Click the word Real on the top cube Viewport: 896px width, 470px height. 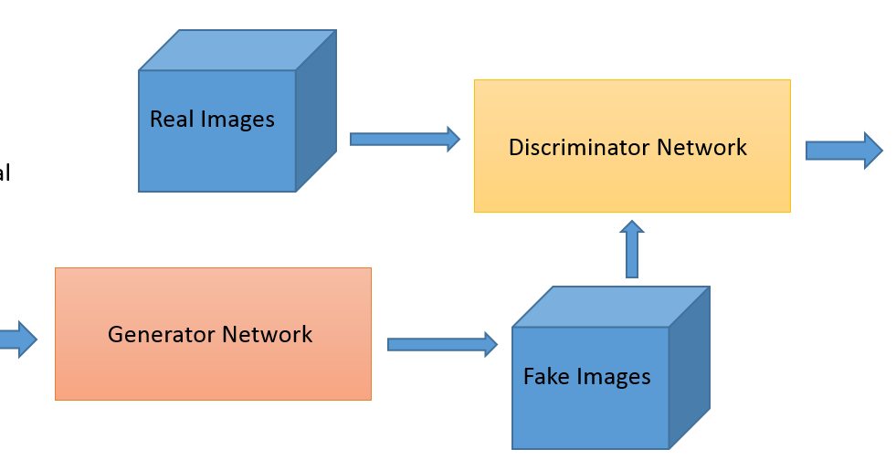point(170,119)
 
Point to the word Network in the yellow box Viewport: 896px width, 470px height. point(705,147)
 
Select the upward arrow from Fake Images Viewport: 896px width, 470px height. point(632,250)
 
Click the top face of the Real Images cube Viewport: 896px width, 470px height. point(237,50)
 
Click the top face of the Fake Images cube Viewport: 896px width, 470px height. point(610,308)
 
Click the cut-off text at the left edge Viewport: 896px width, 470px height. point(5,173)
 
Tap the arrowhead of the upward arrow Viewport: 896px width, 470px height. point(632,227)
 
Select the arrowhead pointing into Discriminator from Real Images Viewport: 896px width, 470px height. point(451,139)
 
